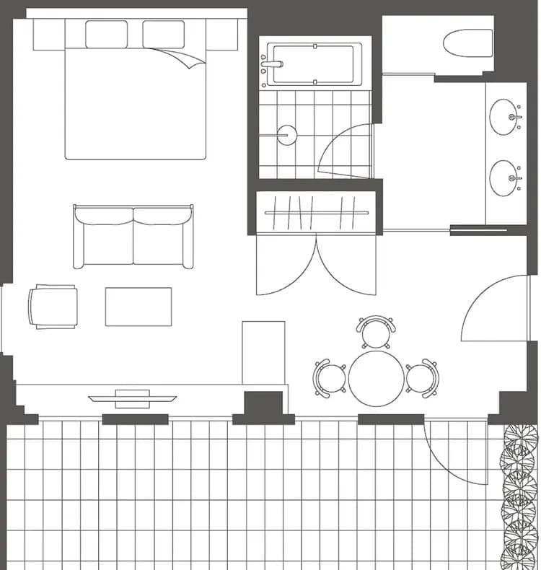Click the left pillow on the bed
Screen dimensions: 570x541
tap(106, 34)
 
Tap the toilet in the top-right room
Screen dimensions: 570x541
tap(467, 43)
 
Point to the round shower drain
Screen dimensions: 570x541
tap(287, 135)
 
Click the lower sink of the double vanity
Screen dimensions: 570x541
tap(505, 177)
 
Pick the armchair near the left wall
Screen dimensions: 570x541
tap(53, 307)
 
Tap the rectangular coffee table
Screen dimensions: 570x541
tap(138, 307)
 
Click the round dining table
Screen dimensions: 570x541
tap(377, 378)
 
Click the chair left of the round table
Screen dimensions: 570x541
tap(330, 377)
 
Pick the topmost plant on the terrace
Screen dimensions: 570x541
tap(519, 438)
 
